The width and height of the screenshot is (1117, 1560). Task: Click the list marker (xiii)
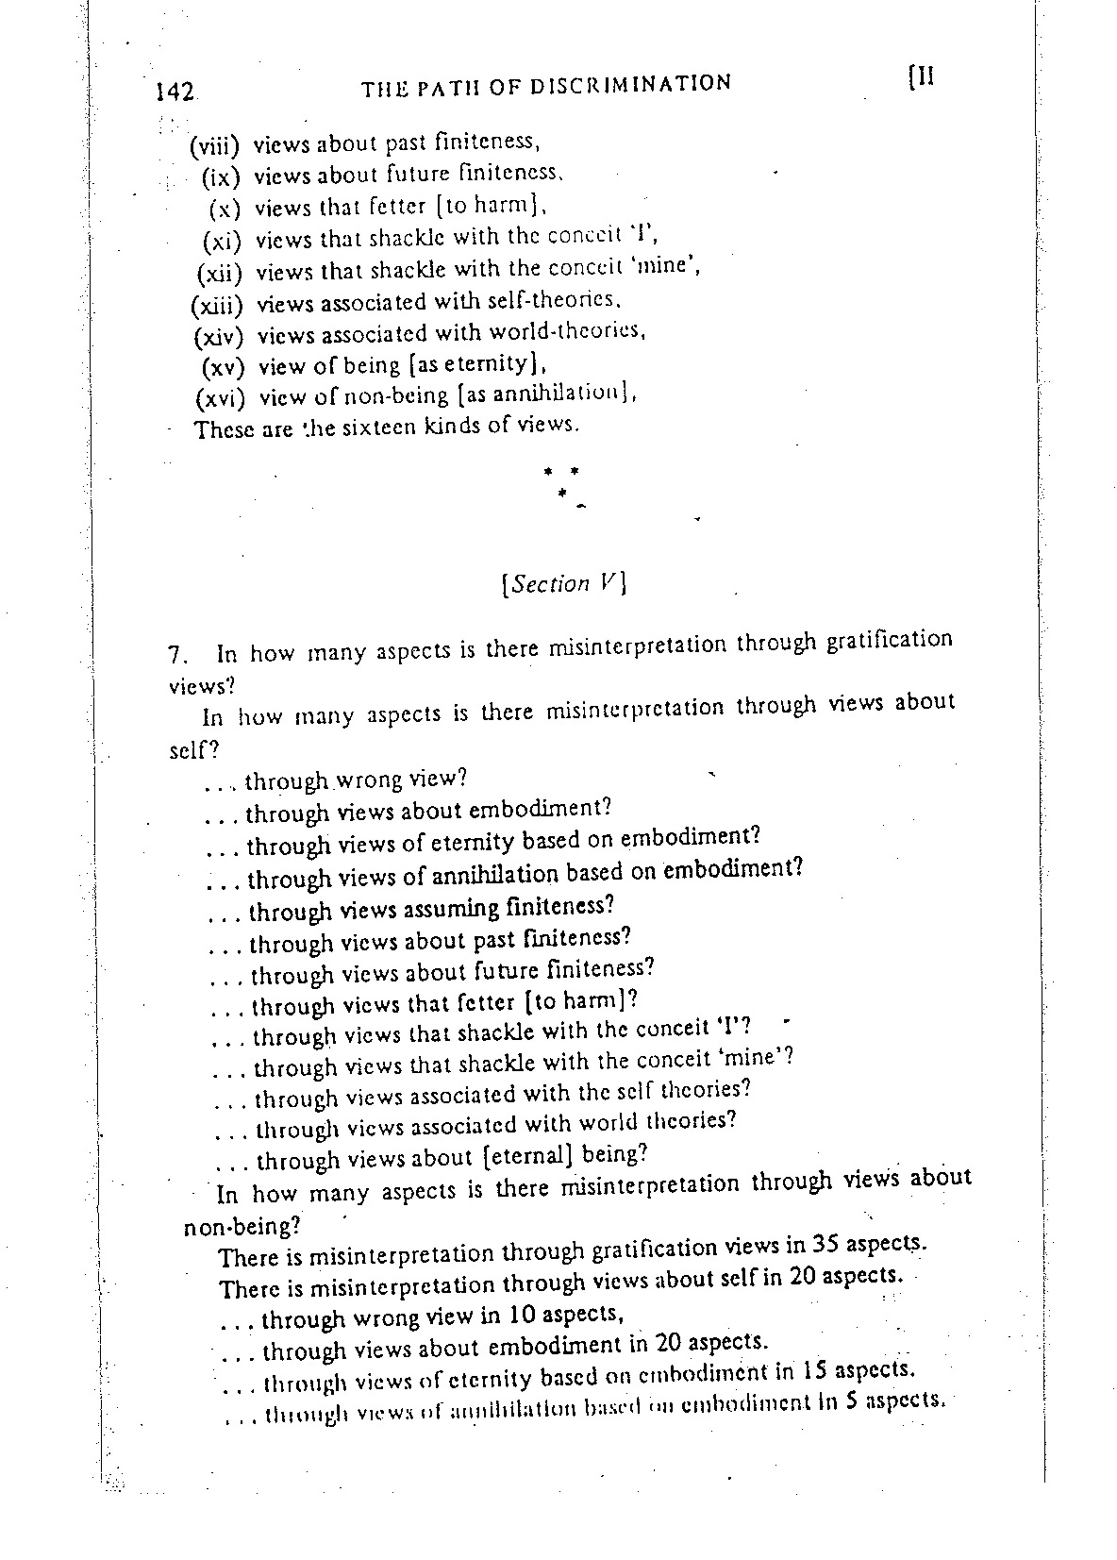[217, 306]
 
